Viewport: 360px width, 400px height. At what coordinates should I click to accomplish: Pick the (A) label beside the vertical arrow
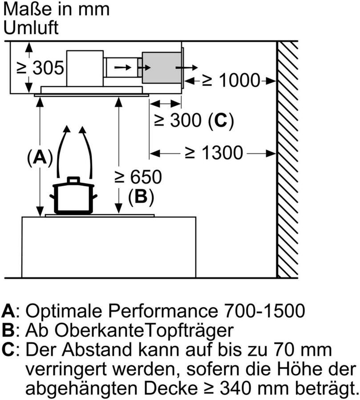[x=40, y=157]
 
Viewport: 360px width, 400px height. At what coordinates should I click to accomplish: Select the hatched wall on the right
[x=287, y=160]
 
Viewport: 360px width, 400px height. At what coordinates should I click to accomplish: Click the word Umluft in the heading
[x=31, y=28]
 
